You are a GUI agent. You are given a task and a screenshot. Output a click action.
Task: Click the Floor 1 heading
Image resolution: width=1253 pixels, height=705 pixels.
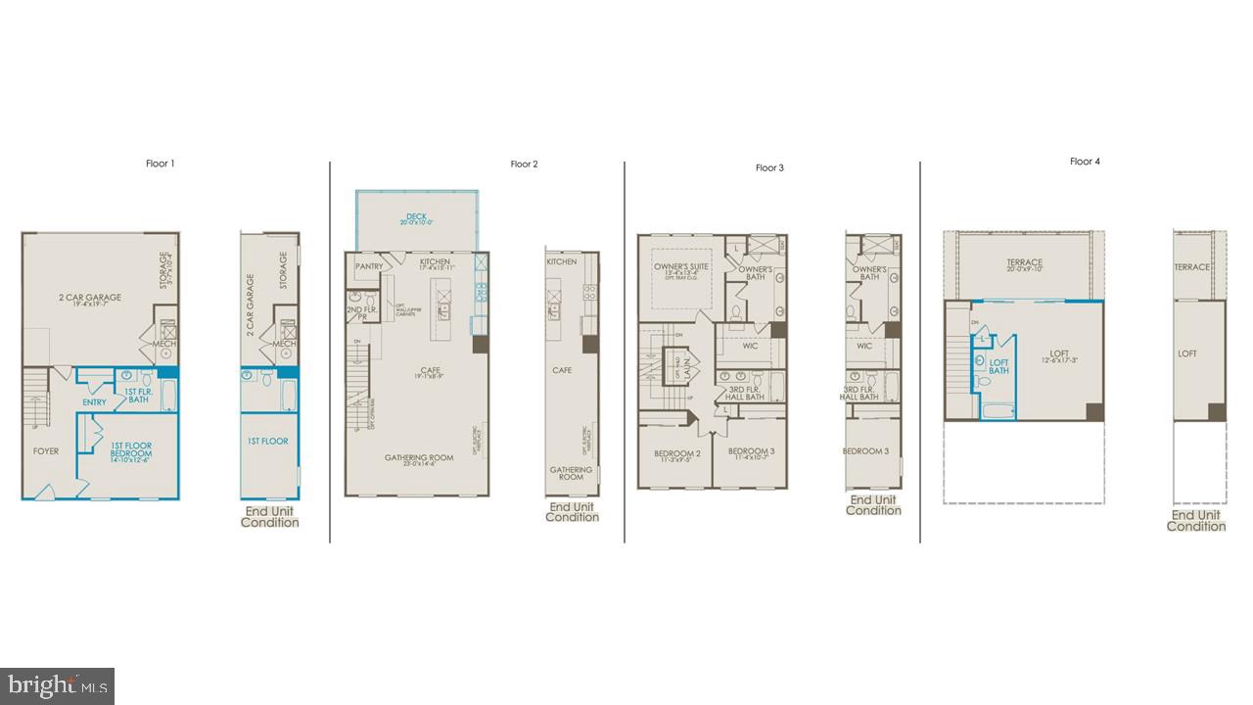tap(160, 164)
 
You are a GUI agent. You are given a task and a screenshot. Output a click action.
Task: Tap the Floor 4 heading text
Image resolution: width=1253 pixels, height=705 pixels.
tap(1085, 162)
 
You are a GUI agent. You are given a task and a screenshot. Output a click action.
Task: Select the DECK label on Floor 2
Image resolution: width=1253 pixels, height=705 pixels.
tap(416, 217)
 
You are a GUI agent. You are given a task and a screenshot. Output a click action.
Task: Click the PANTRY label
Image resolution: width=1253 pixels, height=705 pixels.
tap(369, 266)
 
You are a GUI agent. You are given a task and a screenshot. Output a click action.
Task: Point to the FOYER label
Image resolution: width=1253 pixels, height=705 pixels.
tap(46, 451)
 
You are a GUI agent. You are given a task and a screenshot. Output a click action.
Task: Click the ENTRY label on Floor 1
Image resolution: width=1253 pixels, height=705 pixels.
tap(95, 402)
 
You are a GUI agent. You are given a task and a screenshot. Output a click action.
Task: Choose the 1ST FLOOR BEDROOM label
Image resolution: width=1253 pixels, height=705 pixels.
tap(130, 450)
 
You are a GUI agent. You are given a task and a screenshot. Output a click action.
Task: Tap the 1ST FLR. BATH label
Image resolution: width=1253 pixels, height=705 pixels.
tap(138, 396)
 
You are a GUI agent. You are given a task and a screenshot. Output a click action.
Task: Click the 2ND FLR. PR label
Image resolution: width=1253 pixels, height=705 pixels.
tap(355, 313)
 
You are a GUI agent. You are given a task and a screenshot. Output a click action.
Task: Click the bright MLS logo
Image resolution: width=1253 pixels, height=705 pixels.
tap(57, 684)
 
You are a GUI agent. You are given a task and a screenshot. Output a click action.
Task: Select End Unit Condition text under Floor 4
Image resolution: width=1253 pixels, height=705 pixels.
tap(1196, 521)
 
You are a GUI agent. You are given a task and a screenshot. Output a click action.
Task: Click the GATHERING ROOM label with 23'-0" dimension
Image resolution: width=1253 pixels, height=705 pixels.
tap(418, 458)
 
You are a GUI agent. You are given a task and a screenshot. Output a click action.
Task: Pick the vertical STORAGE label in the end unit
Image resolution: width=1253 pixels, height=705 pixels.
tap(284, 270)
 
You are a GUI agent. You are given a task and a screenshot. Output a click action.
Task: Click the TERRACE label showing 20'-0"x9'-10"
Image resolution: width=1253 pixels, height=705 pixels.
tap(1024, 263)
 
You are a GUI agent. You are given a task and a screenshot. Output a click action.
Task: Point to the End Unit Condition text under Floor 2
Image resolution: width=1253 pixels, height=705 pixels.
tap(573, 512)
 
